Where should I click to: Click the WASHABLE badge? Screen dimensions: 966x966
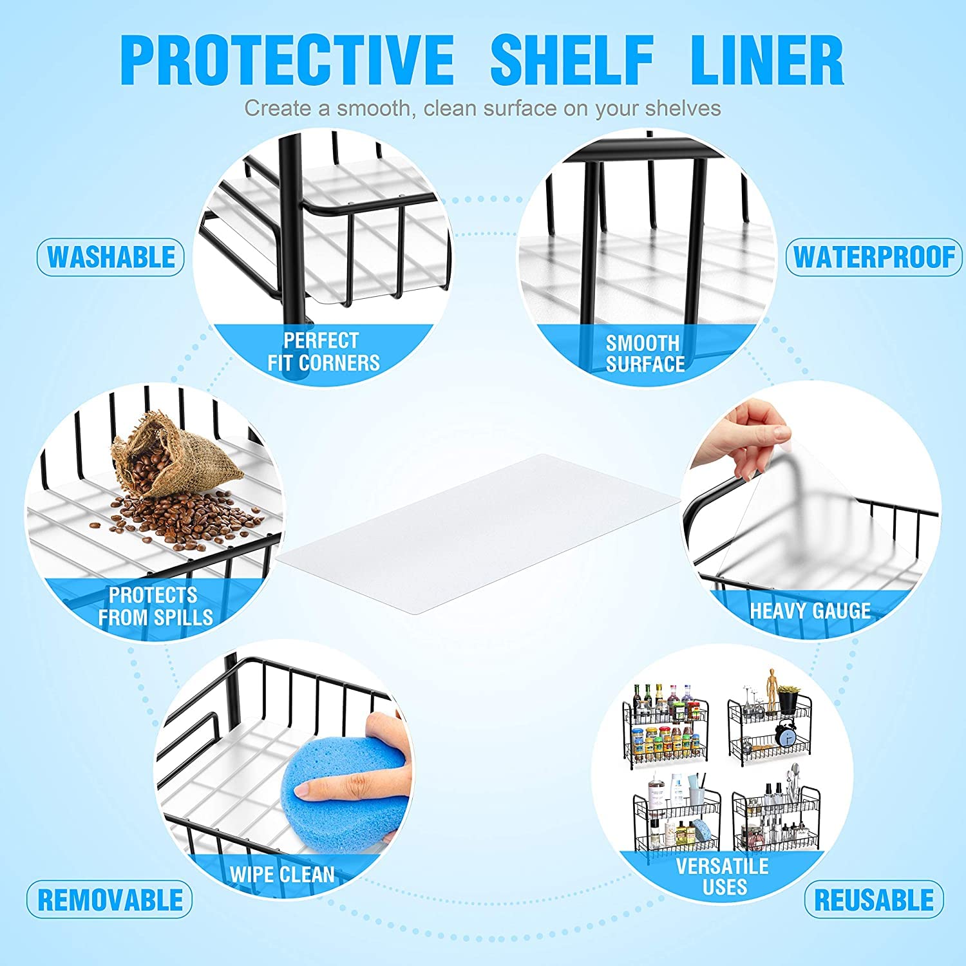coord(111,257)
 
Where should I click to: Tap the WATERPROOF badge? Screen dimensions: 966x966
coord(874,257)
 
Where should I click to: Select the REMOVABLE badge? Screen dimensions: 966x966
coord(109,899)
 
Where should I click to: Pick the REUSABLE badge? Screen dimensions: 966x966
coord(874,899)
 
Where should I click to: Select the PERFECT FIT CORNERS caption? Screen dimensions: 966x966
coord(323,352)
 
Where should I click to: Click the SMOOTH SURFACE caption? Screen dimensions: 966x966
coord(645,354)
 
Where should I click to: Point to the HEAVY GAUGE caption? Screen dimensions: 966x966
coord(810,611)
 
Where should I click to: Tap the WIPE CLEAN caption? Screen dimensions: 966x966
coord(282,875)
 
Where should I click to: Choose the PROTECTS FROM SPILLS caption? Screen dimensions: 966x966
coord(155,606)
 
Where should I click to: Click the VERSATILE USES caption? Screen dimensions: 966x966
coord(723,876)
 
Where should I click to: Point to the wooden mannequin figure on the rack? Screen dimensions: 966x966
coord(772,685)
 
